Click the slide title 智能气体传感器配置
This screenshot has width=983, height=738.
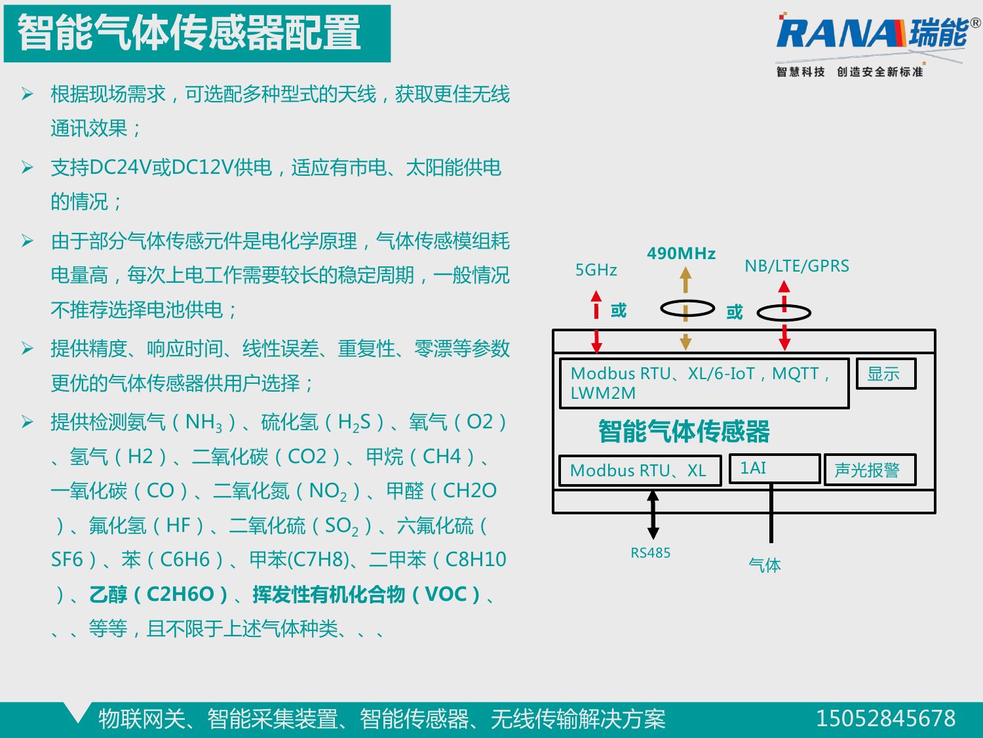(189, 33)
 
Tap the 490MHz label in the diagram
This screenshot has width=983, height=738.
(681, 254)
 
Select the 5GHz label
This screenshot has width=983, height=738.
(596, 270)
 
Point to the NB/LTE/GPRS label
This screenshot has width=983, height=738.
(796, 266)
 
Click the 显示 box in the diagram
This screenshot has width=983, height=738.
(885, 374)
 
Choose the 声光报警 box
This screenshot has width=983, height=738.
(868, 470)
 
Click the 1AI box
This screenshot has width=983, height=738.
(774, 468)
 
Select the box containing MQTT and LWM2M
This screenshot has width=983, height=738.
(703, 383)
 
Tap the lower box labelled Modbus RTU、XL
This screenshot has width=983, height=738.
(639, 470)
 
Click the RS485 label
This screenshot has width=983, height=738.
(650, 553)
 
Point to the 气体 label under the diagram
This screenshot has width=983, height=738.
(764, 565)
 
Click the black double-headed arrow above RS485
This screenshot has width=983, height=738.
(653, 515)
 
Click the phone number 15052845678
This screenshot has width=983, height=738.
(885, 718)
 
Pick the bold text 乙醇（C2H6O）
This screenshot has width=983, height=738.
(158, 594)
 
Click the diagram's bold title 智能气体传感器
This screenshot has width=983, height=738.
(684, 432)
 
